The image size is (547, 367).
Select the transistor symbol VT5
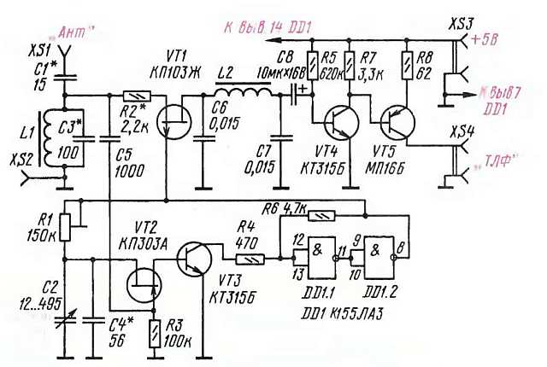click(394, 119)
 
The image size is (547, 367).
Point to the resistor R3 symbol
click(155, 329)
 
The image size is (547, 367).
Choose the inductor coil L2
click(248, 93)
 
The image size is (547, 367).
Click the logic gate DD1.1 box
click(313, 258)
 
